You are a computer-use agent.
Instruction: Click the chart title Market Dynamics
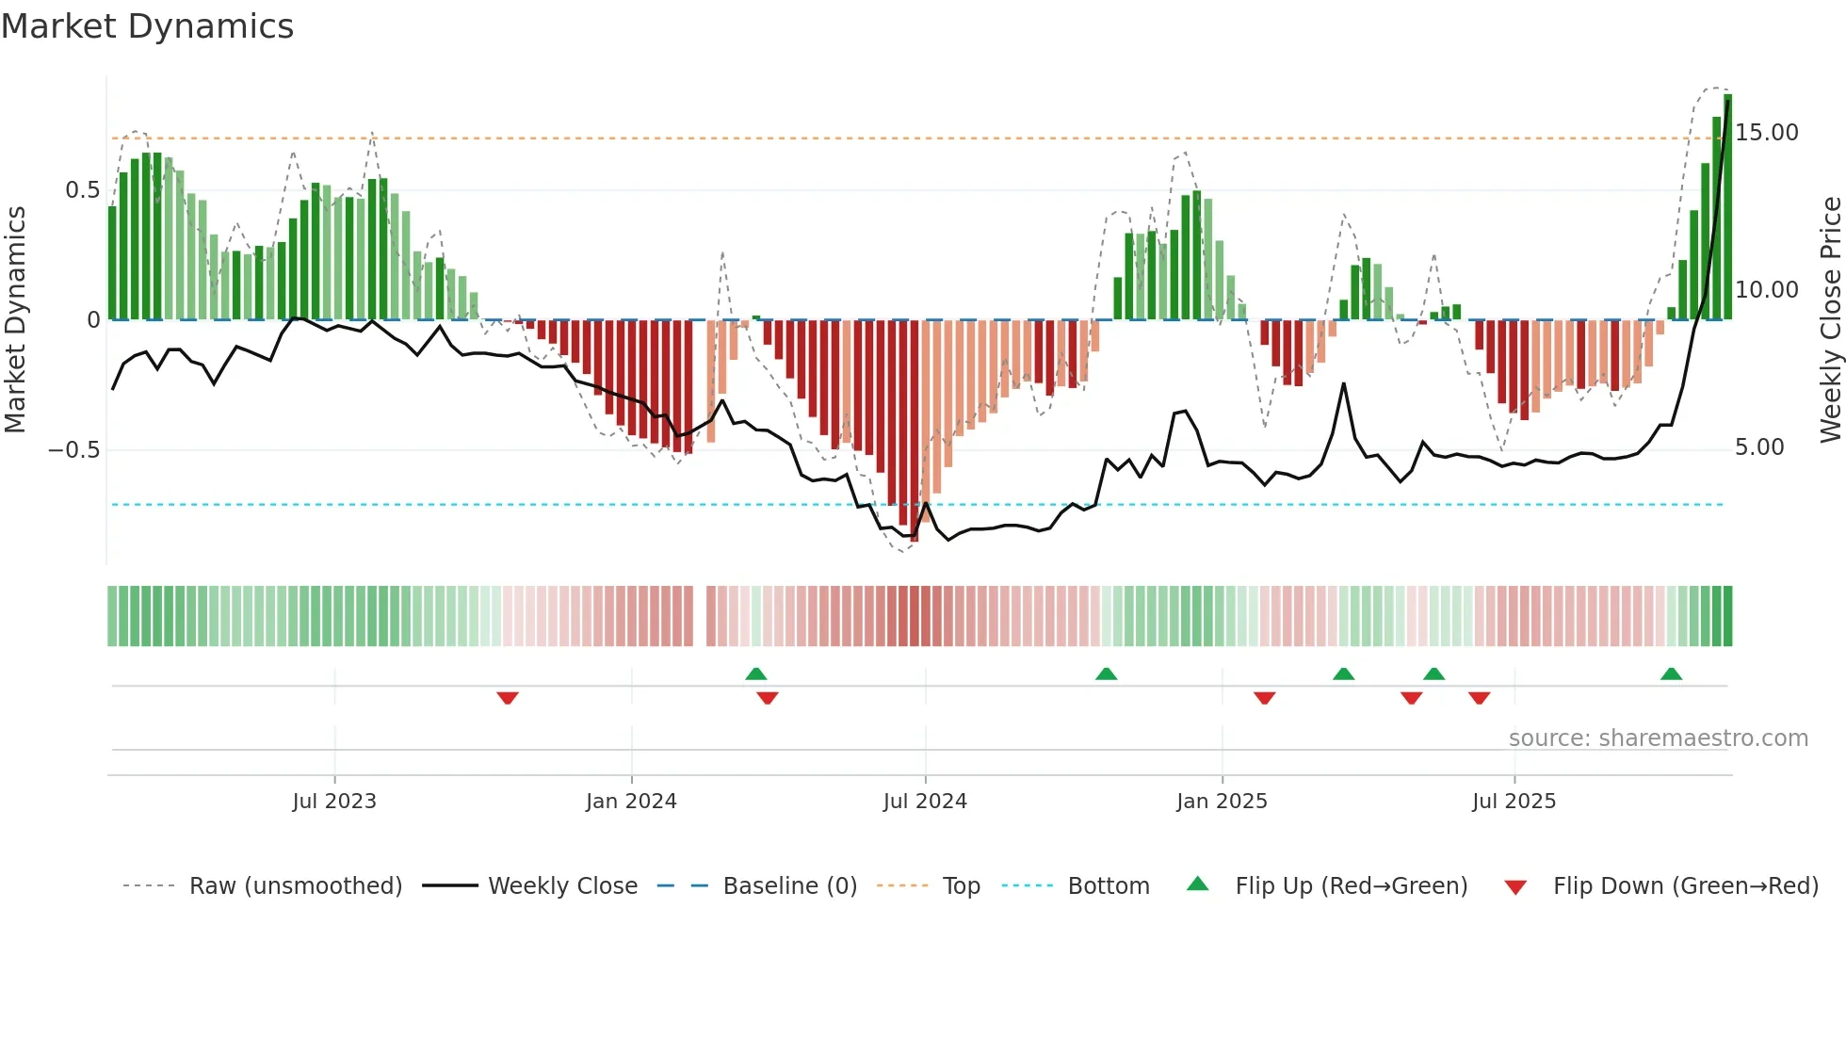click(x=147, y=26)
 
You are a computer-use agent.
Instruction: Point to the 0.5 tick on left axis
click(x=82, y=190)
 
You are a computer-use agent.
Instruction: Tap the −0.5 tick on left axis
click(x=73, y=449)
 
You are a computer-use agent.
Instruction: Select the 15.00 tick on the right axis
click(x=1766, y=133)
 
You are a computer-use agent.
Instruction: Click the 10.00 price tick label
click(x=1766, y=290)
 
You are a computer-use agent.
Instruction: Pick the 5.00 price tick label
click(x=1758, y=447)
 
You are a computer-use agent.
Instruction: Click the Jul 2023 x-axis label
click(x=333, y=802)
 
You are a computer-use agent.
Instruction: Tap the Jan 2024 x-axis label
click(x=630, y=802)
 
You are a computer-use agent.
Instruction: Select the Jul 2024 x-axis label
click(x=924, y=802)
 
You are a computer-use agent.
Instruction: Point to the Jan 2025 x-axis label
click(x=1221, y=802)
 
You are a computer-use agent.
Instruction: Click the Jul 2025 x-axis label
click(x=1514, y=802)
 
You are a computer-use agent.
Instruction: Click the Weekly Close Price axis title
click(x=1830, y=319)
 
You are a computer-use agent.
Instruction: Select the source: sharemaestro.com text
click(x=1658, y=738)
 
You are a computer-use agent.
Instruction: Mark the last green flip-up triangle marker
click(x=1671, y=674)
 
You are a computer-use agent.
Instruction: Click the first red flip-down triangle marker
click(x=508, y=698)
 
